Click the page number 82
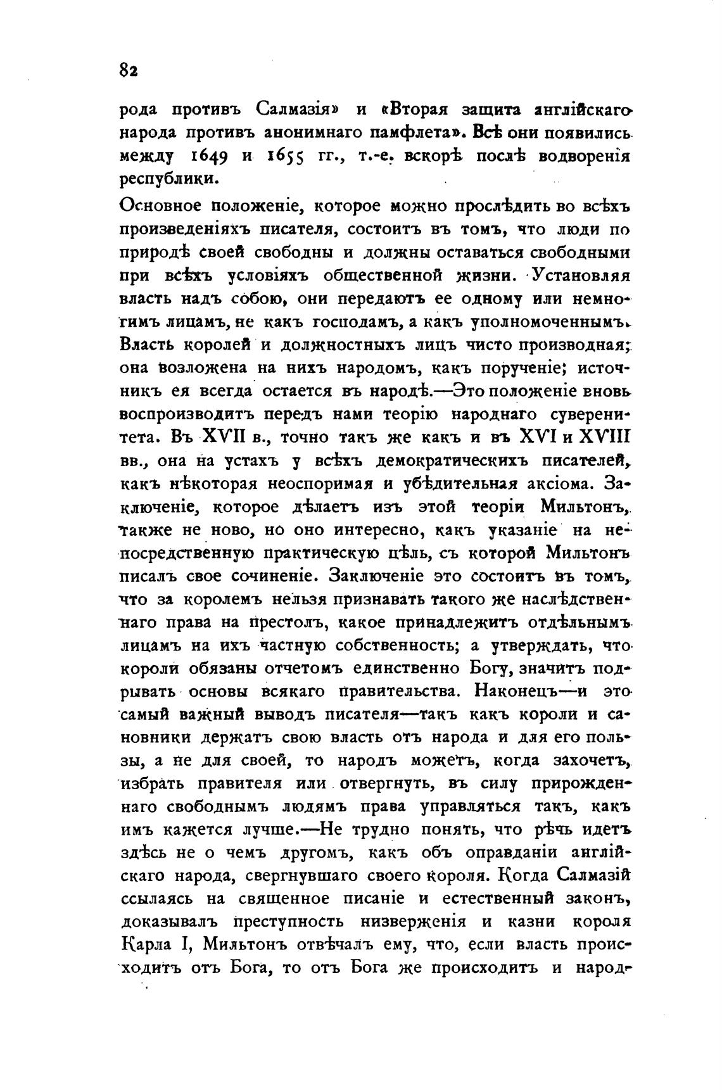click(x=129, y=70)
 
